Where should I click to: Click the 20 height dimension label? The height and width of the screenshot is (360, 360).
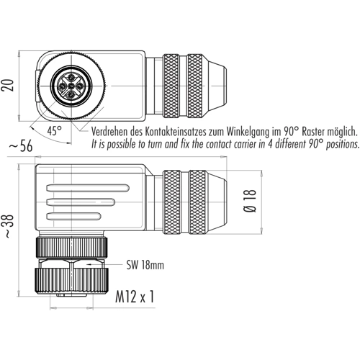[x=7, y=85]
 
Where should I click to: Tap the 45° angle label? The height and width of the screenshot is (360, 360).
[x=55, y=130]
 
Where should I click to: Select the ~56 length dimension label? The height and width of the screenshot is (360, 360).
[x=21, y=146]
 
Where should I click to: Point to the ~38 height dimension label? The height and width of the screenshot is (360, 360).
[x=9, y=226]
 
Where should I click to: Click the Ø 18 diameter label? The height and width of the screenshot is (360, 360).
[x=250, y=201]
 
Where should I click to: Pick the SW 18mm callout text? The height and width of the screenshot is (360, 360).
[x=145, y=265]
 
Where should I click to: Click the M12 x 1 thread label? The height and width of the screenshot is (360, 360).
[x=135, y=297]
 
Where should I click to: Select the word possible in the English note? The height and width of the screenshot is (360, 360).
[x=122, y=144]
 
